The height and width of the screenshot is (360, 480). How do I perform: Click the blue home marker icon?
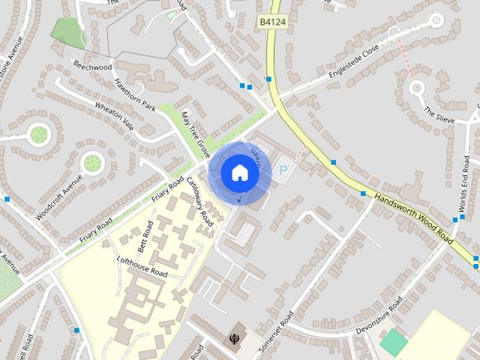(x=239, y=172)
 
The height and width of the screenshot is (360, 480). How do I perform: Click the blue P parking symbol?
(x=283, y=171)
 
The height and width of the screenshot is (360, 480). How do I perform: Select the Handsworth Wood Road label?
(x=414, y=219)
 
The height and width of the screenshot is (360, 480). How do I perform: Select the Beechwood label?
(x=93, y=66)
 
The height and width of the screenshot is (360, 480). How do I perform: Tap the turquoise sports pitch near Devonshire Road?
(x=393, y=343)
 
